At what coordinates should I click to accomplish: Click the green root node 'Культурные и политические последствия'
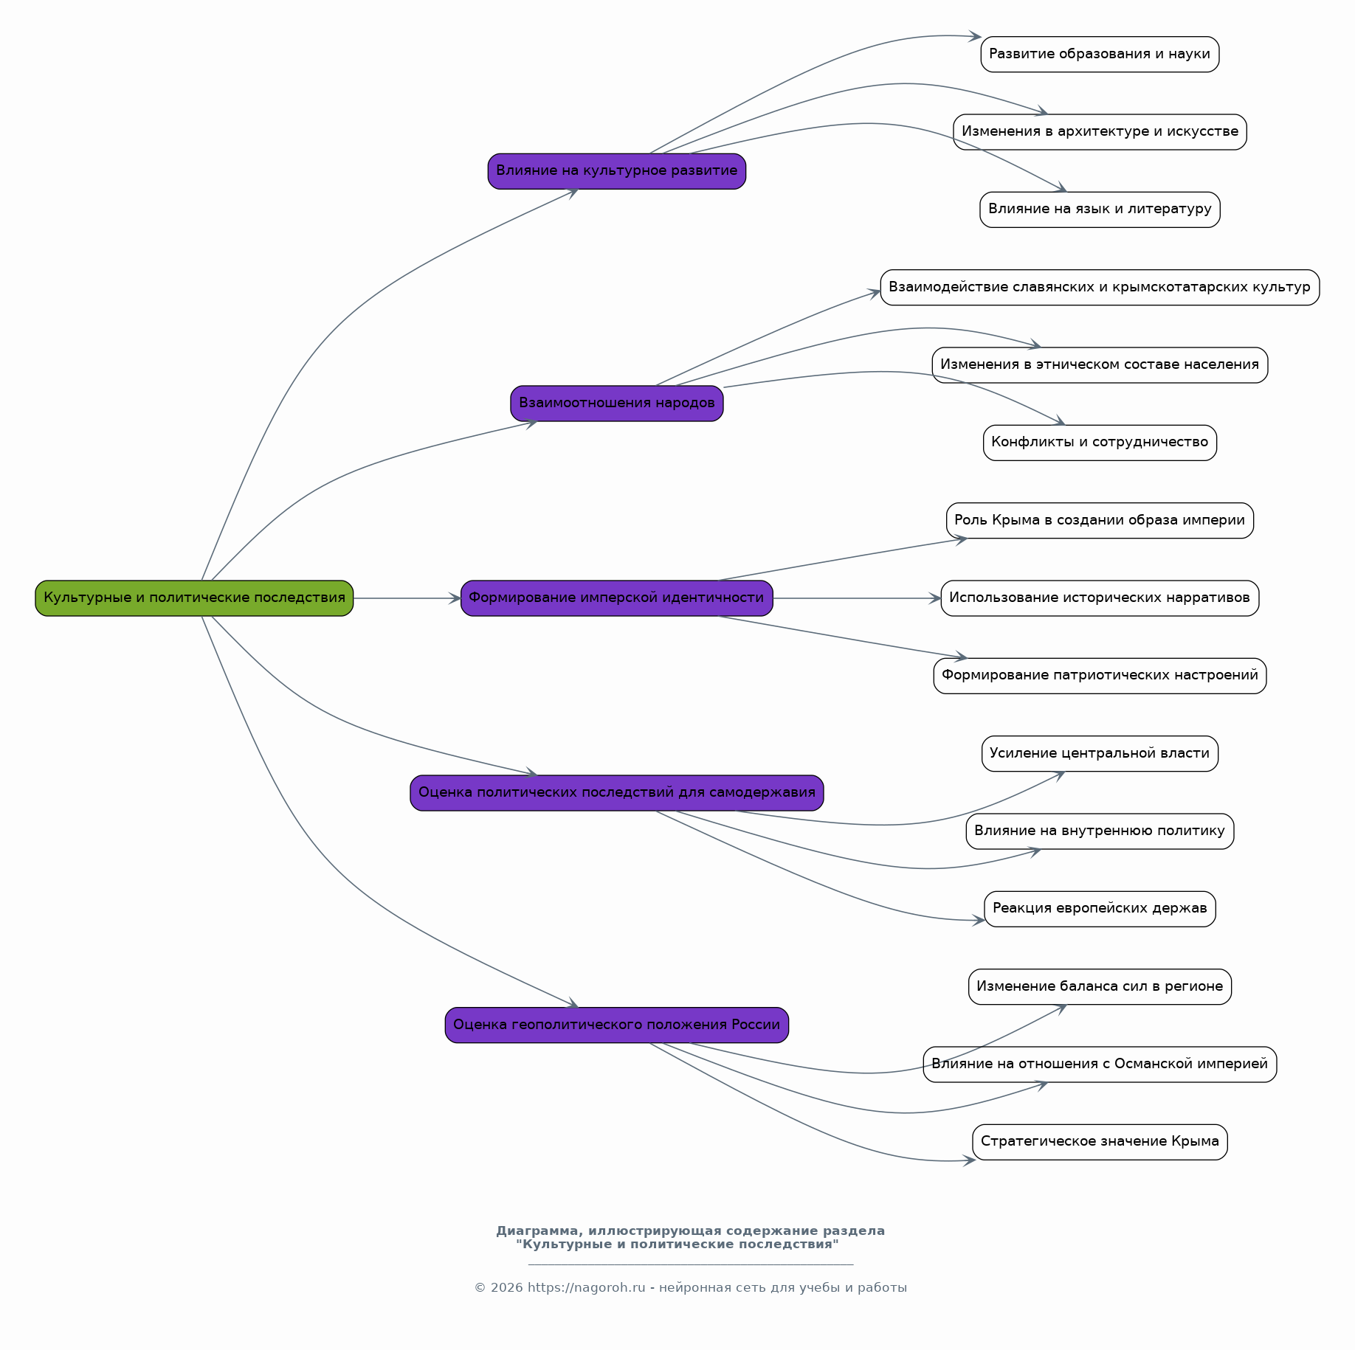click(194, 598)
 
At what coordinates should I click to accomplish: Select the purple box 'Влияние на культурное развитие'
click(617, 171)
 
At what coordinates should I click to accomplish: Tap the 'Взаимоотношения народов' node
click(617, 404)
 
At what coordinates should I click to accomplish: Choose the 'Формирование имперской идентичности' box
click(617, 598)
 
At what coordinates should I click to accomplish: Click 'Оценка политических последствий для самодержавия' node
click(617, 793)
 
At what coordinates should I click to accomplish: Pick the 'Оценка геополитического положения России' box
click(617, 1025)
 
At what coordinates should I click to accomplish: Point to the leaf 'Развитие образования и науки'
click(1100, 55)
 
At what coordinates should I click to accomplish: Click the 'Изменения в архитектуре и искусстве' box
click(1100, 132)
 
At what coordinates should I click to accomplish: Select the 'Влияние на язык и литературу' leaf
click(1100, 210)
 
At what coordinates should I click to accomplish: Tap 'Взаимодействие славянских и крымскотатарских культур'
click(1100, 288)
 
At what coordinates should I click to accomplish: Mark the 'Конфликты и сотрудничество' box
click(1100, 443)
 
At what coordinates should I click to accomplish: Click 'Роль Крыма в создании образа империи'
click(1100, 521)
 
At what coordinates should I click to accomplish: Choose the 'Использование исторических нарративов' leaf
click(1100, 598)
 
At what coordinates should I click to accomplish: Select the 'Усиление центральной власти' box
click(1100, 754)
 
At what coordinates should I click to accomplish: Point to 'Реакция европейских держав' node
click(1100, 909)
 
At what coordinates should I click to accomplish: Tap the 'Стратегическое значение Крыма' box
click(1100, 1142)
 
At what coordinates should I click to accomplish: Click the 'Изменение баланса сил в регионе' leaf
click(1100, 987)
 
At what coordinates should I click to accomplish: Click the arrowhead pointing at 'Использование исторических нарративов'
click(935, 598)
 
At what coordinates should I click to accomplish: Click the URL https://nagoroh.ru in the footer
click(586, 1287)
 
